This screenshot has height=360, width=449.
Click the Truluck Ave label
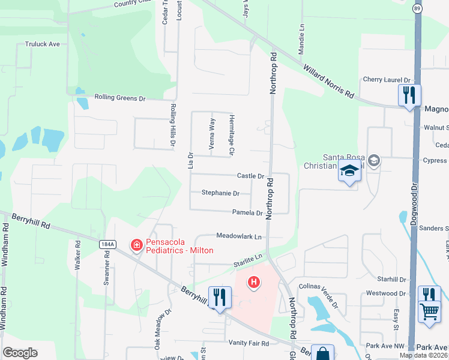[42, 44]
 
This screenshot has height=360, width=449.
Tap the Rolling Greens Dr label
[120, 98]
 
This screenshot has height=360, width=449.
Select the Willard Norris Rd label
[330, 82]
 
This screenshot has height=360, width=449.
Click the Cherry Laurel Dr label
[386, 80]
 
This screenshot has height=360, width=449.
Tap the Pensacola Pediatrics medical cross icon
[136, 244]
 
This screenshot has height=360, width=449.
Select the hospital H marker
[254, 281]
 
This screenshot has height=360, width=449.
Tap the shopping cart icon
[429, 311]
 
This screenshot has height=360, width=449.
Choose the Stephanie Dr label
[220, 193]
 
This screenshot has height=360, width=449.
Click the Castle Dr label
[250, 176]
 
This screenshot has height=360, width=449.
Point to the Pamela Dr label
[247, 212]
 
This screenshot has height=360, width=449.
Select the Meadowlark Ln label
[239, 236]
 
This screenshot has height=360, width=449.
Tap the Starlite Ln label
[249, 257]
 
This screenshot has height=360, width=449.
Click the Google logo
[20, 353]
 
